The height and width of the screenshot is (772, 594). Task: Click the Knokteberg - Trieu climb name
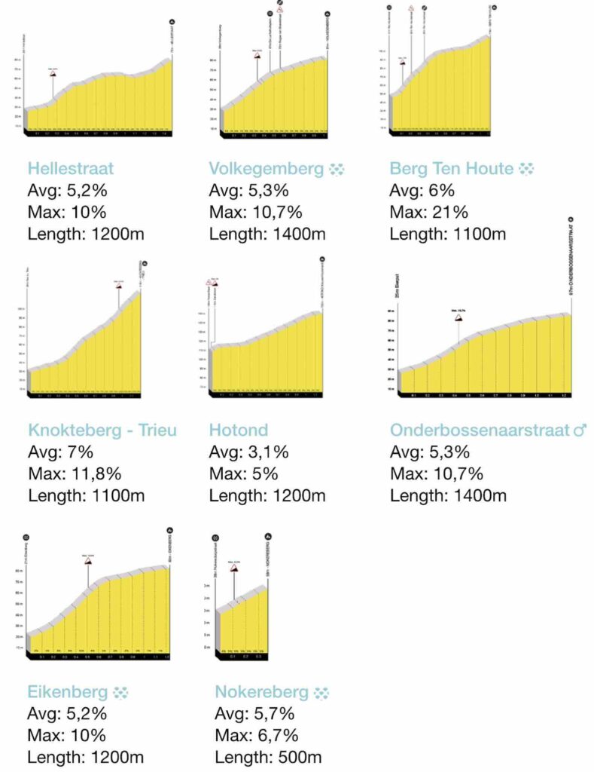[102, 430]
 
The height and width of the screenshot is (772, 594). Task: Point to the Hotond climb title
[238, 430]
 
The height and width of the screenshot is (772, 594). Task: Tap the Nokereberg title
[261, 692]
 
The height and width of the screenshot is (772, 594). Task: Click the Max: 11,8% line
[75, 474]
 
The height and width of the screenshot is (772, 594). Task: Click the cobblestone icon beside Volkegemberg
[336, 169]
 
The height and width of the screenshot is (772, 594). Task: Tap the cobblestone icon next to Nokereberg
[321, 692]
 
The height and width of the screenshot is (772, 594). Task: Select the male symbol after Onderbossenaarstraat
[580, 430]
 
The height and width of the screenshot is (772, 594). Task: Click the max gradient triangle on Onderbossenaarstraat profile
[458, 318]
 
